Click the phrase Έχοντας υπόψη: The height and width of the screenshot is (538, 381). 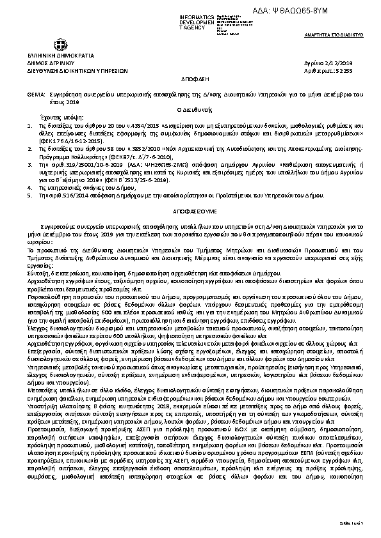point(63,118)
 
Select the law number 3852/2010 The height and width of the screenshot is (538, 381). point(149,148)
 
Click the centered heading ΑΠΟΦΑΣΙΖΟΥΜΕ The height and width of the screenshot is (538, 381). point(190,210)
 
